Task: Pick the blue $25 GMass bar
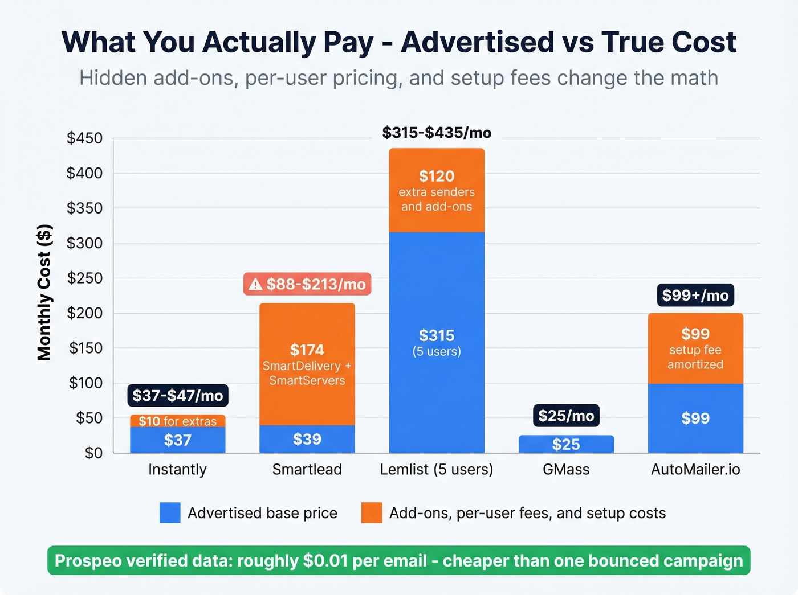pos(566,444)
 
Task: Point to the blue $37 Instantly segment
pos(177,440)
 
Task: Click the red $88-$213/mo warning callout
pos(307,284)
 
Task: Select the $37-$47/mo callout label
pos(177,395)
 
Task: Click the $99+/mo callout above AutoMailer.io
pos(695,295)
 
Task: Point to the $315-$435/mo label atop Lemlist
pos(437,133)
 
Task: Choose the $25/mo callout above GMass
pos(566,416)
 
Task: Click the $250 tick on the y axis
pos(84,278)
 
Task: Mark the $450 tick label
pos(84,138)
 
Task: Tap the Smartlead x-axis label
pos(307,469)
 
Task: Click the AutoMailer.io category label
pos(695,469)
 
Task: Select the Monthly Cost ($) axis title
pos(44,293)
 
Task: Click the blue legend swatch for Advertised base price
pos(170,512)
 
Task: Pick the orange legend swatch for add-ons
pos(371,512)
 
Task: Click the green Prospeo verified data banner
pos(398,560)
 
